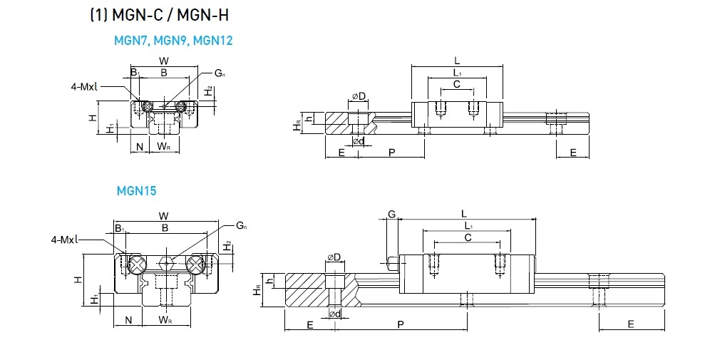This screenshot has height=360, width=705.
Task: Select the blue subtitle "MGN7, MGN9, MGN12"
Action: click(x=173, y=41)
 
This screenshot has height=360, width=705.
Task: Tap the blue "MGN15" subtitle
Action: click(x=136, y=191)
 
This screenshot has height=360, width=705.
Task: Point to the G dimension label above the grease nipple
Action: click(x=391, y=214)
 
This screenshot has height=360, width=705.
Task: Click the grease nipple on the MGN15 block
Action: click(x=391, y=264)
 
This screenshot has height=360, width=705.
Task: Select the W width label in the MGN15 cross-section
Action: click(x=164, y=215)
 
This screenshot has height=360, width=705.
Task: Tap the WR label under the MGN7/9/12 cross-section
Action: click(x=163, y=147)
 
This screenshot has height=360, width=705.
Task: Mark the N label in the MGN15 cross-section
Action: click(x=128, y=320)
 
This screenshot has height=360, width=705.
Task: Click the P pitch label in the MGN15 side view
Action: click(x=401, y=325)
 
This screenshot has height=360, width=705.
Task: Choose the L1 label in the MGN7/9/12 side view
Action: click(x=457, y=73)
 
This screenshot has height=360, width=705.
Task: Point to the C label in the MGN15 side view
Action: click(x=467, y=237)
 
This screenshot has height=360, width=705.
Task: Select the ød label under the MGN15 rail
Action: click(x=333, y=314)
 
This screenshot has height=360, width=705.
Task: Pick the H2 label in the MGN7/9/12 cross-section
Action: click(x=207, y=91)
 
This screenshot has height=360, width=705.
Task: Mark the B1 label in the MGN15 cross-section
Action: click(x=120, y=228)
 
